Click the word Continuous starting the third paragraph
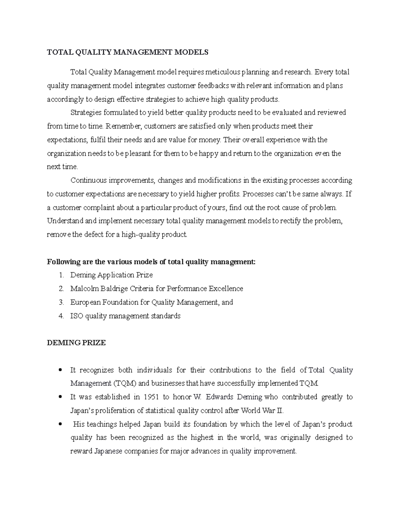[x=88, y=180]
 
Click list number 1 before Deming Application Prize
[x=61, y=275]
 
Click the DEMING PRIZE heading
[x=76, y=343]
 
